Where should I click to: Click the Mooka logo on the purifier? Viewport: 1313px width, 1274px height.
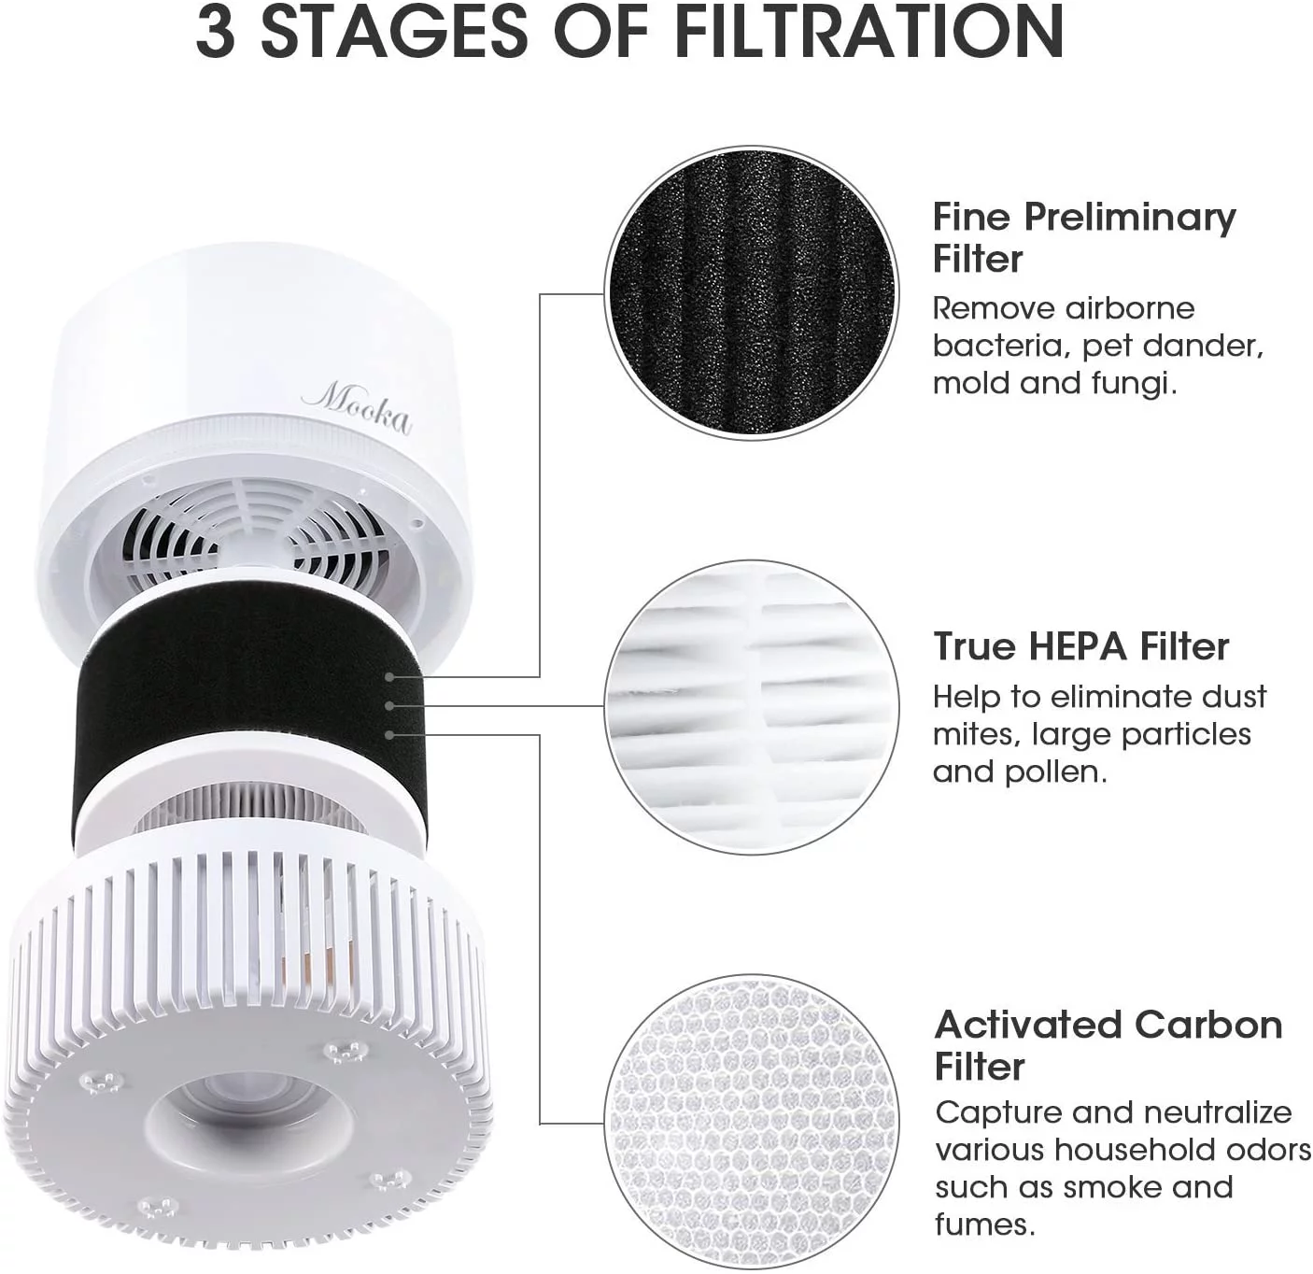(357, 408)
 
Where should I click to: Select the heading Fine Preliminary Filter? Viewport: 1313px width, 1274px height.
(1083, 237)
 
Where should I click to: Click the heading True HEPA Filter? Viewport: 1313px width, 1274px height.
(1080, 646)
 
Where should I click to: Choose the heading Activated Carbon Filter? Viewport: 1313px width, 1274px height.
(1108, 1045)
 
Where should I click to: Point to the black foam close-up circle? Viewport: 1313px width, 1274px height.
(752, 293)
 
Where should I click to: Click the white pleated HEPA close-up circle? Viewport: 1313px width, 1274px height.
(752, 706)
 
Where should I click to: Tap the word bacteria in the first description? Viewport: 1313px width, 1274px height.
(1001, 346)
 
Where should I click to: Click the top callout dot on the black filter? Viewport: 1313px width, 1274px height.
(389, 676)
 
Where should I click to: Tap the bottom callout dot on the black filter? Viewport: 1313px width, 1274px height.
(389, 735)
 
